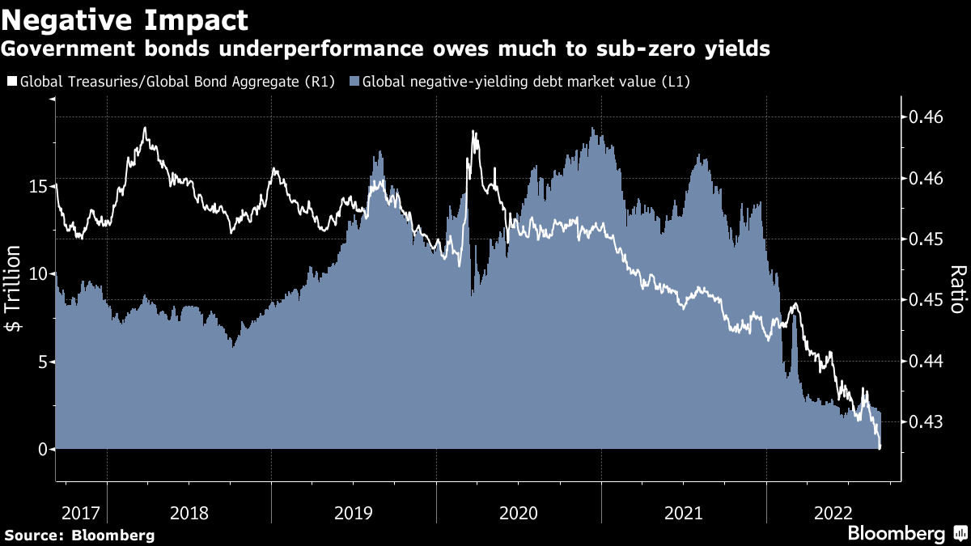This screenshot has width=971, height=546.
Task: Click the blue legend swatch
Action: (x=354, y=82)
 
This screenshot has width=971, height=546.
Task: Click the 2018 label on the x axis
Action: (x=189, y=513)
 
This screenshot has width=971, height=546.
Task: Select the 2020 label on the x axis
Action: (x=519, y=513)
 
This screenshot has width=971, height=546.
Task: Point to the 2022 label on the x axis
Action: (x=833, y=513)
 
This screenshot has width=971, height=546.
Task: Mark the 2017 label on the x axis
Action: (x=80, y=513)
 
